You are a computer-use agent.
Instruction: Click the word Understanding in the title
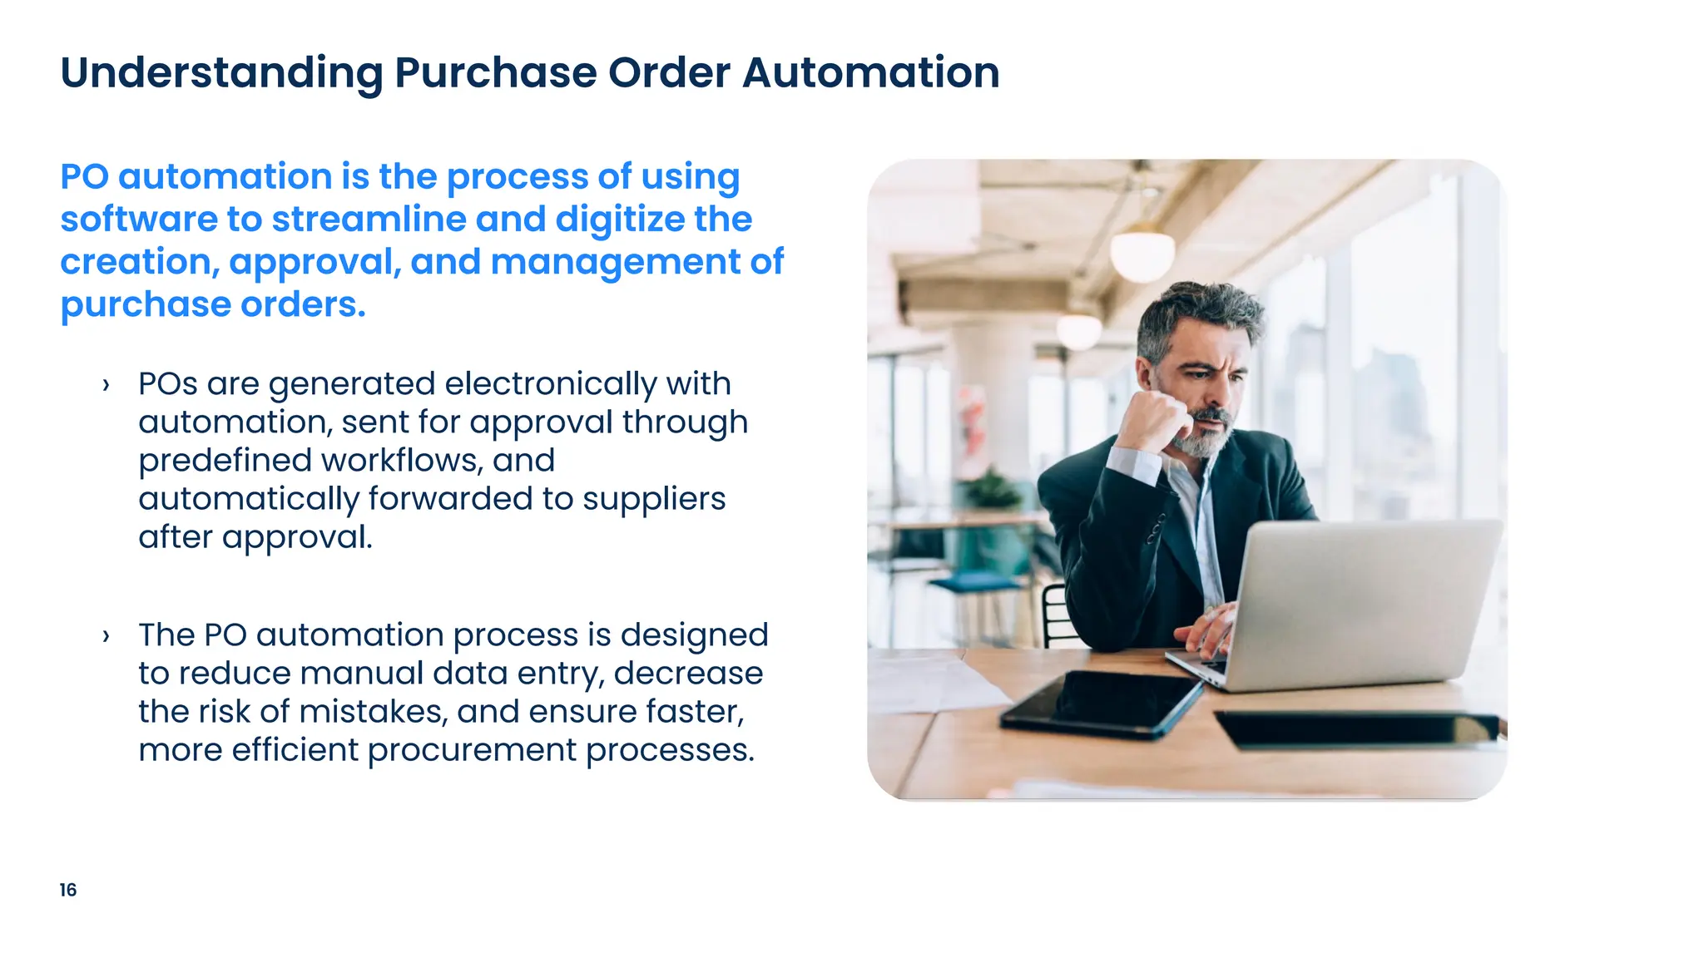221,73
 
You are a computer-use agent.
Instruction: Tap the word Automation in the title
870,72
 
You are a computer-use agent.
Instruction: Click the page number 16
68,890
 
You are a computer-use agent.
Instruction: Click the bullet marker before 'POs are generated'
106,385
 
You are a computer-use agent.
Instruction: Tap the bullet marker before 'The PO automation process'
106,636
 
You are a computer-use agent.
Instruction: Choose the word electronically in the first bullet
551,384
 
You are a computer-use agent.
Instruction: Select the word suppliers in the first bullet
654,499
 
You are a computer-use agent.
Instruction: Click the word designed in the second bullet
694,635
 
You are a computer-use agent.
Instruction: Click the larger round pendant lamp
1143,254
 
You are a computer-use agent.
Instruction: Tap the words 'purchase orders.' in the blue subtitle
213,304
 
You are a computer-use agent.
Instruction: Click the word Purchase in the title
495,72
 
